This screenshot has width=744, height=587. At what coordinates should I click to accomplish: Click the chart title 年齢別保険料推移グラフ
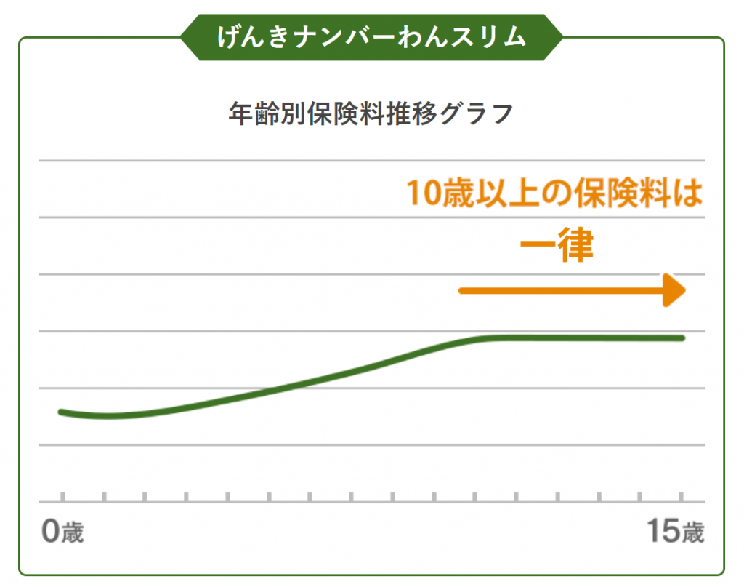point(371,115)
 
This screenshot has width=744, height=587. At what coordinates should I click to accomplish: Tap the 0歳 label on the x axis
point(62,532)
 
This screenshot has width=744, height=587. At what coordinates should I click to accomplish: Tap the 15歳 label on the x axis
point(676,532)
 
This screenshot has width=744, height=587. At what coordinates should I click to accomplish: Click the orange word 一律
point(557,247)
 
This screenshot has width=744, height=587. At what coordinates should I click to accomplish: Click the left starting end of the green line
point(62,412)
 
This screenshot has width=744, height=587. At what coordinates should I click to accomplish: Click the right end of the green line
point(682,338)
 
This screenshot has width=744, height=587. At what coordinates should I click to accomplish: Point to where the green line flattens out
point(494,338)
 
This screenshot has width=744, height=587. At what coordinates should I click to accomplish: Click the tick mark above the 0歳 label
point(62,497)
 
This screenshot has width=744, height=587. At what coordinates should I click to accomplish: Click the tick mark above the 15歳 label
point(681,497)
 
